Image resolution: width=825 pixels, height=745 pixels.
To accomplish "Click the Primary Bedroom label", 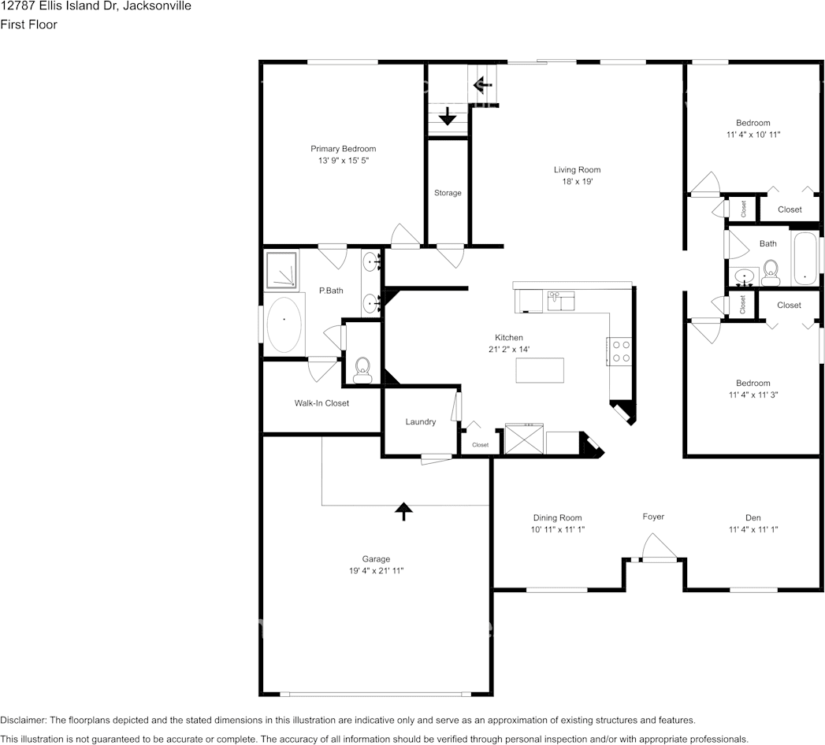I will (343, 149).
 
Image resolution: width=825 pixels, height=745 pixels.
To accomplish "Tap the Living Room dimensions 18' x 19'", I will (577, 181).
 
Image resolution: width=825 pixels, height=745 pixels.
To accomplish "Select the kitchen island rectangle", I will (540, 370).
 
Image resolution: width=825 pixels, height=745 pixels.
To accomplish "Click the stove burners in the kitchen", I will (619, 350).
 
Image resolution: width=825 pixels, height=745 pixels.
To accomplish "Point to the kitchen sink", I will (561, 300).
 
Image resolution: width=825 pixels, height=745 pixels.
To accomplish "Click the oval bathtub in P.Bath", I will (284, 324).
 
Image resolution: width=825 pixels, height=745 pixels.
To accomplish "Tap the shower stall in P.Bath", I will (281, 269).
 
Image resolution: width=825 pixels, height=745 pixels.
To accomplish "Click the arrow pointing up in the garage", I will (403, 511).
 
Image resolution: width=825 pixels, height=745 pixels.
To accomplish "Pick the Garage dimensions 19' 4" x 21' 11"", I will (376, 571).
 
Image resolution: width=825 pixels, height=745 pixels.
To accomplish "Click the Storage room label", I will (448, 193).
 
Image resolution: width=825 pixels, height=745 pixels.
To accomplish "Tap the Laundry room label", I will (421, 422).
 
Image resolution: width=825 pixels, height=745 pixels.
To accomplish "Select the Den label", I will (753, 517).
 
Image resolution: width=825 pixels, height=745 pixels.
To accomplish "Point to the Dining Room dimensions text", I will (557, 530).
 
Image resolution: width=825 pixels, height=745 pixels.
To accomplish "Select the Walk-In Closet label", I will (321, 403).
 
